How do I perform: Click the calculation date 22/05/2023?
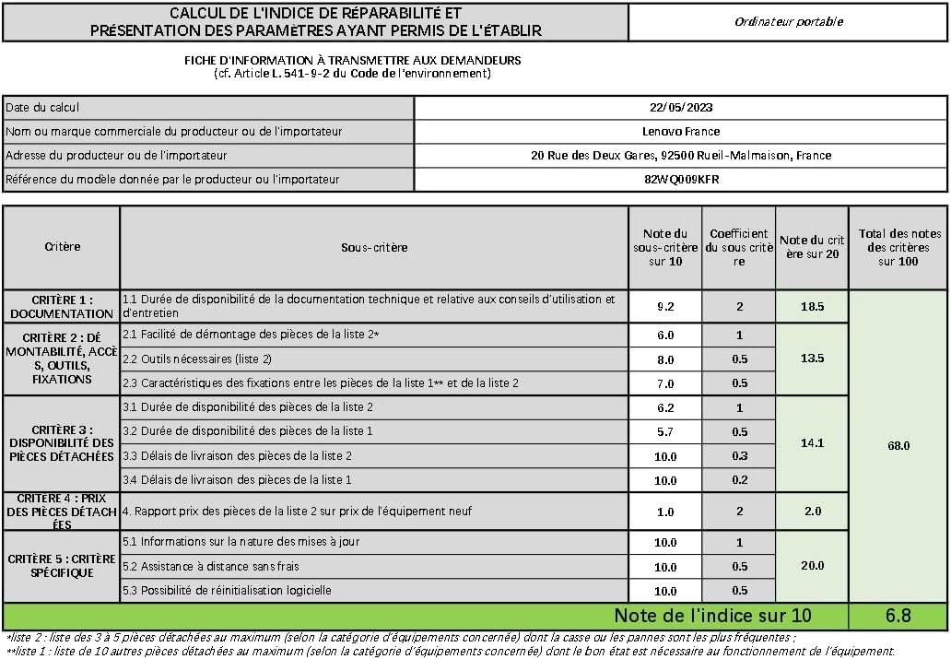point(681,107)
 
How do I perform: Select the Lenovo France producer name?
point(681,131)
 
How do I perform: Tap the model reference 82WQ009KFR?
point(681,179)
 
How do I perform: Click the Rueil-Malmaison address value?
point(681,155)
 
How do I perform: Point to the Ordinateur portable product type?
point(788,21)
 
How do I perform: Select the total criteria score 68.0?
point(898,445)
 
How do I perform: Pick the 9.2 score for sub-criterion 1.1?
point(664,306)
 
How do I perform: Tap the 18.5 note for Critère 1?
point(812,306)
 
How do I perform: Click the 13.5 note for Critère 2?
point(812,358)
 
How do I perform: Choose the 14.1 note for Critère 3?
point(812,442)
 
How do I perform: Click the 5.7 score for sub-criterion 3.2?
point(664,431)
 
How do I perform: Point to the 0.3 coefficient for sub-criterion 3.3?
point(739,455)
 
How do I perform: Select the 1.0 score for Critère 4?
point(664,512)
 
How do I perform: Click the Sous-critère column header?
point(374,247)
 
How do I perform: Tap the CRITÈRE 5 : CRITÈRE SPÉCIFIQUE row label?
point(62,566)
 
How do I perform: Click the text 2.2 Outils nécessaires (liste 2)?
point(197,359)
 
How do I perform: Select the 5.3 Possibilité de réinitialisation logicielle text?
point(227,590)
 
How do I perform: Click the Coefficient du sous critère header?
point(739,247)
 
